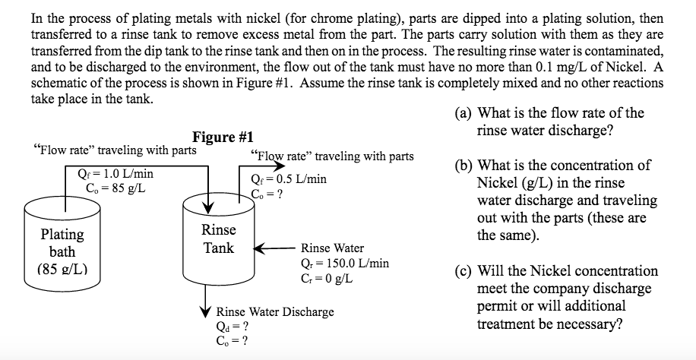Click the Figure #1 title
[223, 137]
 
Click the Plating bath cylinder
[62, 243]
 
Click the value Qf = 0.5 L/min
[288, 179]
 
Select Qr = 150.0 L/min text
[345, 263]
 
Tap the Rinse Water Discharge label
[275, 311]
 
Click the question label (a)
[463, 113]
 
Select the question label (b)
[463, 166]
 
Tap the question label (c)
[463, 271]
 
